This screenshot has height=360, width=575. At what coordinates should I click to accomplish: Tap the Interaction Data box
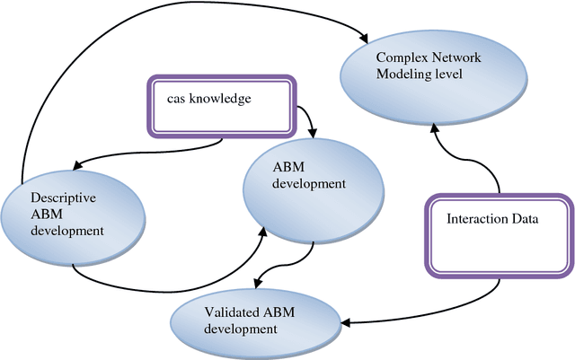[497, 231]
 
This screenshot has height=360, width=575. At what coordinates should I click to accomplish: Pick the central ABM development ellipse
[307, 183]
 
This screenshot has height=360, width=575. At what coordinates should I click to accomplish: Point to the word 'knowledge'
[221, 96]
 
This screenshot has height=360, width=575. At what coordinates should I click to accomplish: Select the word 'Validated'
[233, 312]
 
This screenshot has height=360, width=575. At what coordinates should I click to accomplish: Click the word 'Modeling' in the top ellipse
[399, 75]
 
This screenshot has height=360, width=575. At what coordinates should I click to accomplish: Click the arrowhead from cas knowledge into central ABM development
[311, 135]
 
